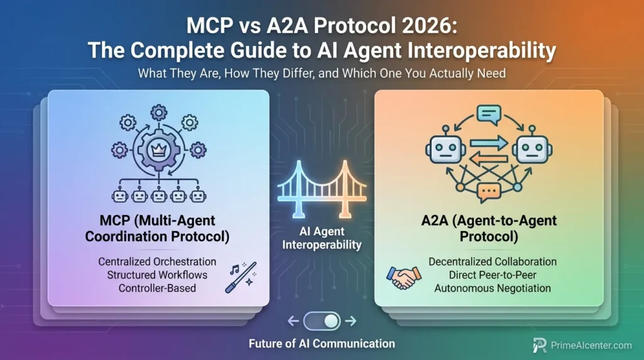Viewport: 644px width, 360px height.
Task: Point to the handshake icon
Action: pos(404,276)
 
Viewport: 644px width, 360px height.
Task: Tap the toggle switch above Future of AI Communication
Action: pos(322,321)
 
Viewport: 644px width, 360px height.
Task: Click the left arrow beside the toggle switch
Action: pos(293,321)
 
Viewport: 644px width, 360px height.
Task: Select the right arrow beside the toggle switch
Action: pos(351,321)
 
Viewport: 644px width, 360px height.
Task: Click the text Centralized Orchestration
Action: pos(157,261)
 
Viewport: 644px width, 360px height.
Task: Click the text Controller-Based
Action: pos(157,288)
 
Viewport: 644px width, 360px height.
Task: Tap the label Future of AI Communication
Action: pos(321,344)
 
